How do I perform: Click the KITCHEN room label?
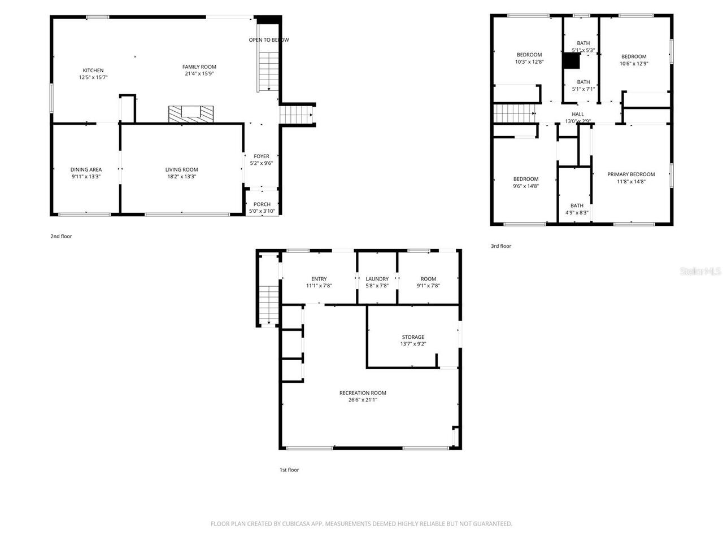click(93, 71)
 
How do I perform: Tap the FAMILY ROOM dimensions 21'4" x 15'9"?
click(199, 73)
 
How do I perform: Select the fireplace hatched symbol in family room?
click(191, 113)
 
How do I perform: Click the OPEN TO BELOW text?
click(269, 40)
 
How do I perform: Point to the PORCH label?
click(262, 204)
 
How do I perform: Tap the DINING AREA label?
click(86, 169)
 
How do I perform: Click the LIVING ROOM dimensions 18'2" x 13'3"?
click(181, 177)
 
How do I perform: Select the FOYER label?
click(262, 156)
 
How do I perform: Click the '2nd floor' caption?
click(61, 237)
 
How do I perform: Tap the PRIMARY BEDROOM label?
click(631, 174)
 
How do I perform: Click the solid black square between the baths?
click(572, 60)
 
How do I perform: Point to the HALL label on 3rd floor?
click(578, 114)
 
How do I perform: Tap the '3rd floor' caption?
click(500, 246)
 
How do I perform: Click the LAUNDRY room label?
click(377, 279)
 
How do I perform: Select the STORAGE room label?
click(413, 337)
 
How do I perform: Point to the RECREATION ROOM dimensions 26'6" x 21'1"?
click(362, 400)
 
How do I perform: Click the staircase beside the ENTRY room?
click(269, 305)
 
